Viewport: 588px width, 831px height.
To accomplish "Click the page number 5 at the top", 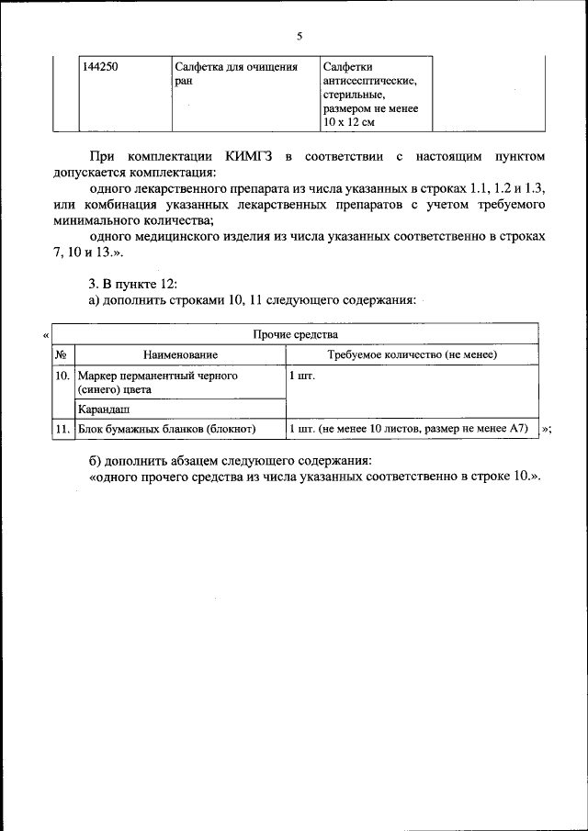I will [299, 37].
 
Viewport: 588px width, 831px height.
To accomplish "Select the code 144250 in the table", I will [101, 67].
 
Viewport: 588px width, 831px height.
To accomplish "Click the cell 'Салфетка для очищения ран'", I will [236, 73].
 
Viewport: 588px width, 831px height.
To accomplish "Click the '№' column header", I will [61, 354].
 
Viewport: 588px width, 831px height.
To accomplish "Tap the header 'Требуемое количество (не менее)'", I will [412, 354].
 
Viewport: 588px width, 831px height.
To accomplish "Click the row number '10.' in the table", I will [62, 376].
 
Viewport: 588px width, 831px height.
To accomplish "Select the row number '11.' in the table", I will [62, 429].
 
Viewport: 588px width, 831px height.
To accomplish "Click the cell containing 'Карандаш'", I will [104, 410].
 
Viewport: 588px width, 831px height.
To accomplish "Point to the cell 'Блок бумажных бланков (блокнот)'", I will [166, 429].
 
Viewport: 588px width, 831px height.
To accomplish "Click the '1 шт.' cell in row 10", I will [302, 376].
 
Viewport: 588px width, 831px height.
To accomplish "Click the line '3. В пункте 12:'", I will [130, 282].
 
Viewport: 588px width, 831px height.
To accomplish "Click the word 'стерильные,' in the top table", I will [354, 95].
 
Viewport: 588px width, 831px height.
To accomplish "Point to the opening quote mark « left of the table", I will [45, 336].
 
